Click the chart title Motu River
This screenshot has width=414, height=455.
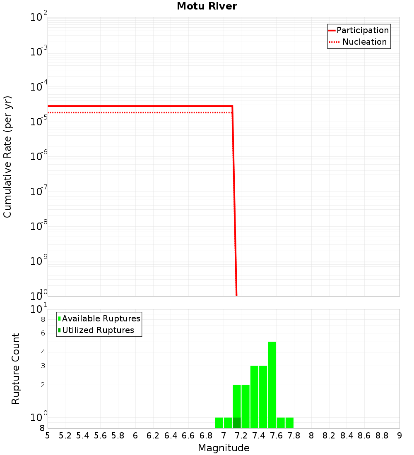click(207, 6)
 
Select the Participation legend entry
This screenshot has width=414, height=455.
click(359, 30)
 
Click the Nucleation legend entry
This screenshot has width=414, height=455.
click(359, 42)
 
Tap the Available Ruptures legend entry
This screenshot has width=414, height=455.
click(99, 318)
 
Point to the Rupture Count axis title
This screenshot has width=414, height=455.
click(16, 369)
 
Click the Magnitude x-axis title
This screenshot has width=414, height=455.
click(224, 448)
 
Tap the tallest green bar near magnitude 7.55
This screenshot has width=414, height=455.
click(272, 385)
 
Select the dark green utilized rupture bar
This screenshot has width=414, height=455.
click(236, 423)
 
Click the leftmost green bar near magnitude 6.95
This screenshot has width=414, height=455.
click(219, 423)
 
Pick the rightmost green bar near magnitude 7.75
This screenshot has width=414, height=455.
click(289, 423)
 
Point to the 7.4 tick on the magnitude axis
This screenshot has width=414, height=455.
click(259, 435)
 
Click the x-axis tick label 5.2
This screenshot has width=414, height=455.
click(65, 435)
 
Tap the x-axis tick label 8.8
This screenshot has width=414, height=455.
click(382, 435)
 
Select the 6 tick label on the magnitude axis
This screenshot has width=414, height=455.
click(135, 435)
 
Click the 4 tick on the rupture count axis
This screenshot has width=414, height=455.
click(42, 352)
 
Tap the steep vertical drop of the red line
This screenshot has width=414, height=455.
click(234, 199)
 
